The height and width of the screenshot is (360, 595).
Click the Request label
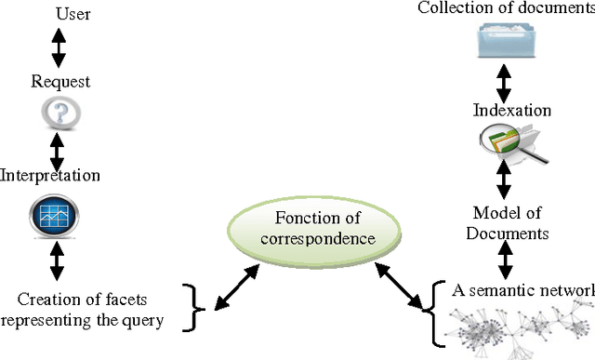tap(59, 82)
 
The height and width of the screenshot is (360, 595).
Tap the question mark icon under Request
tap(60, 113)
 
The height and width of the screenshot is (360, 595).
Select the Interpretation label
tap(50, 175)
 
